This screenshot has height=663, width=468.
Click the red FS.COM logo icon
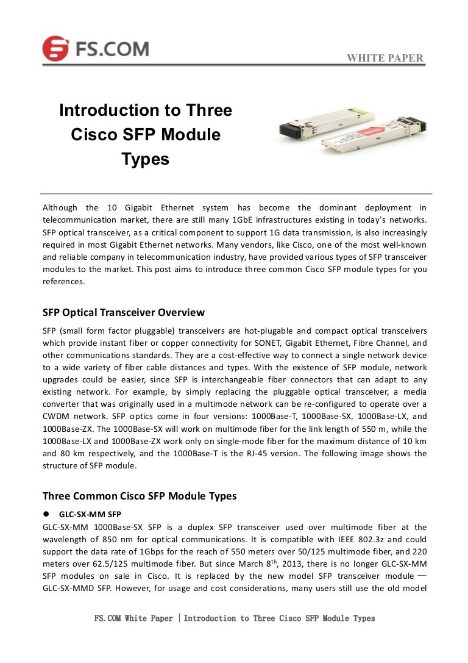55,48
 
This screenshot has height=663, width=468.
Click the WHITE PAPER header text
385,59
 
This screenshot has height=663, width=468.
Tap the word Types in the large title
145,159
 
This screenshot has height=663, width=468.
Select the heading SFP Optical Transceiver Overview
123,312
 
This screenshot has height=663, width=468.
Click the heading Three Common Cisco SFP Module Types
140,496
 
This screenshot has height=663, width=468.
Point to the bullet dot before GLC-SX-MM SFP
46,514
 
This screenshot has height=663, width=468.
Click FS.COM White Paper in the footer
133,618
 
